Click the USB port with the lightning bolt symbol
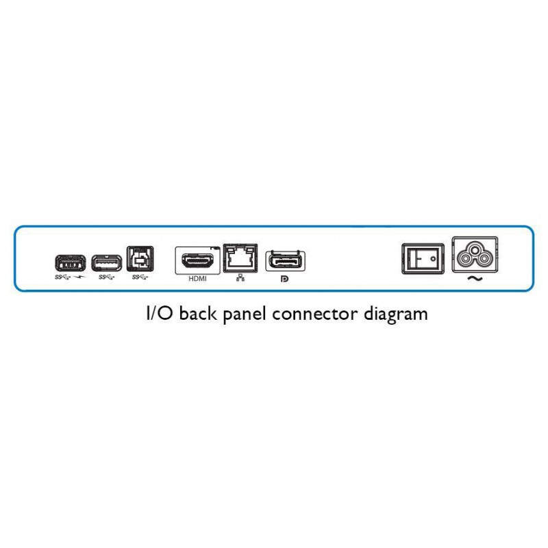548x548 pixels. [x=71, y=263]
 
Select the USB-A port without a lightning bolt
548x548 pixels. [x=107, y=263]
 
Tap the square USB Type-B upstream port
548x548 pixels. [x=140, y=259]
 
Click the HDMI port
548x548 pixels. [x=198, y=261]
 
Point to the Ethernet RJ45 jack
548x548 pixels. [x=240, y=258]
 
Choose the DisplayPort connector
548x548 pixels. [x=286, y=261]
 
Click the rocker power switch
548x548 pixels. [x=423, y=259]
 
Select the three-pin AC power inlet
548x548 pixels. [x=475, y=254]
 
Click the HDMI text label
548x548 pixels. [x=197, y=279]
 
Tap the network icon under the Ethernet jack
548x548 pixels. [x=240, y=278]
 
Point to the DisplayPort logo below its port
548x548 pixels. [x=285, y=279]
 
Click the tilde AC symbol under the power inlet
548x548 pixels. [x=475, y=279]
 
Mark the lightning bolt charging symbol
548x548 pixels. [x=80, y=277]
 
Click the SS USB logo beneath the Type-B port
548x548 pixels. [x=140, y=277]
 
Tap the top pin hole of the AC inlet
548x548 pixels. [x=475, y=249]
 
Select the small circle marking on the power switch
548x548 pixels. [x=434, y=259]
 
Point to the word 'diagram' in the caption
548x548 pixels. [x=396, y=314]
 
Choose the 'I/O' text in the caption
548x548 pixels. [x=160, y=314]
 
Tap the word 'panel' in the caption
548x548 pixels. [x=245, y=314]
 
